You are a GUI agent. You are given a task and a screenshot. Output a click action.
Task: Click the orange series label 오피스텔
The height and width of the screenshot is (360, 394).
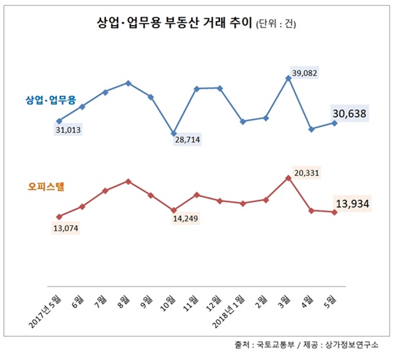point(44,187)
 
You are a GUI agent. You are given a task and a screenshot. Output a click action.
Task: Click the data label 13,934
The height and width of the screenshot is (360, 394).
point(353,205)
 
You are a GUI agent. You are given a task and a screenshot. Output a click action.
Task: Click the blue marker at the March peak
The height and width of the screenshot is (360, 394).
point(289,78)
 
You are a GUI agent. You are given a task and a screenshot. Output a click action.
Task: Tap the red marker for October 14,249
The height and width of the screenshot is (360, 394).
point(174,210)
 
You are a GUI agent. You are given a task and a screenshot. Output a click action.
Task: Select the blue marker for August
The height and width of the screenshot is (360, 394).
point(128,83)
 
